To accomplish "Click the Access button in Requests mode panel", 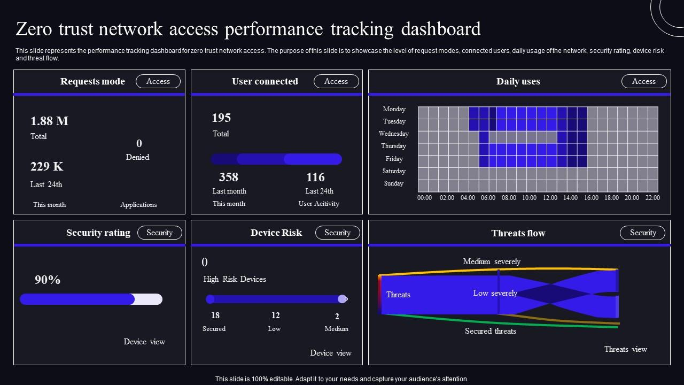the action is click(x=158, y=81).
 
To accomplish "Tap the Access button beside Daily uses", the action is click(x=644, y=81).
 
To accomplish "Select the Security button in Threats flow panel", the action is click(x=642, y=233).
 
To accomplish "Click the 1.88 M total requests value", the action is click(x=50, y=121).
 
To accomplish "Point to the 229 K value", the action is click(x=46, y=166).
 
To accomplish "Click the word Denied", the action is click(x=137, y=157).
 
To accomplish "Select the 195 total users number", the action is click(x=221, y=118).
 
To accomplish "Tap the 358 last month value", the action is click(x=228, y=177).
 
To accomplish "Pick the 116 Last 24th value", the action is click(x=315, y=177).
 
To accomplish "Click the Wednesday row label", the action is click(x=394, y=134).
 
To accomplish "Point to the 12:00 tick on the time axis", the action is click(x=550, y=198).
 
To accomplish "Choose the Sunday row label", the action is click(x=394, y=183).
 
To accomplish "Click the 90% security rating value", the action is click(x=48, y=280).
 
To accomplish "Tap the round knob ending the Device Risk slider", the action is click(x=343, y=299).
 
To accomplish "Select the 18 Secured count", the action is click(x=215, y=315).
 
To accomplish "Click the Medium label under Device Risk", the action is click(x=336, y=329).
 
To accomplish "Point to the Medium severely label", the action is click(x=492, y=261).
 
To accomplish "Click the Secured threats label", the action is click(x=491, y=331).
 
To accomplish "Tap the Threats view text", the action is click(x=626, y=349).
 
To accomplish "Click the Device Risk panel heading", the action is click(x=276, y=233).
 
